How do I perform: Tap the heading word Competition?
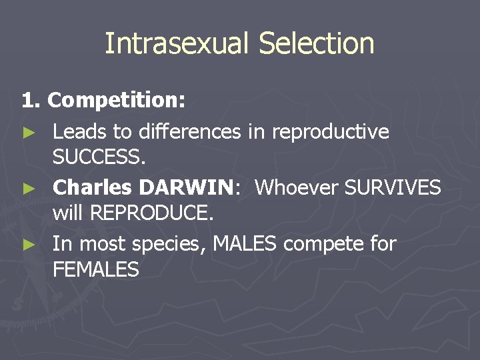tap(117, 101)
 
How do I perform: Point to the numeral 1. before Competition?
tap(32, 101)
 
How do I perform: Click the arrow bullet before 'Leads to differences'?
tap(27, 133)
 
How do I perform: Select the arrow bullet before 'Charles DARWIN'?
tap(27, 189)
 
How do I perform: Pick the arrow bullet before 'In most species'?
tap(27, 245)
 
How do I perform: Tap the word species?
tap(169, 245)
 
